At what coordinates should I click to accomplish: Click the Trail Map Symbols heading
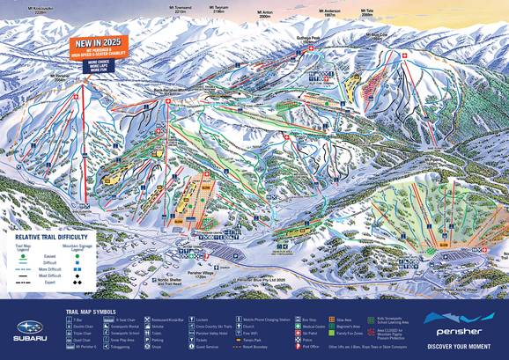(x=92, y=311)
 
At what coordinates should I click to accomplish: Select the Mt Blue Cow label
(x=378, y=37)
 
